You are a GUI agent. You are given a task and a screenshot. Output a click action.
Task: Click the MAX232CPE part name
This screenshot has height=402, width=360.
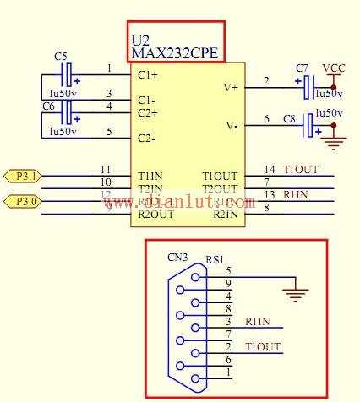175,53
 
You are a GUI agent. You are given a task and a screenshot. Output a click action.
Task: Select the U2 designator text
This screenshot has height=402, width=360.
140,40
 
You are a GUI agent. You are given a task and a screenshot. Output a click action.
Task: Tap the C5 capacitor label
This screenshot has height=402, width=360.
61,56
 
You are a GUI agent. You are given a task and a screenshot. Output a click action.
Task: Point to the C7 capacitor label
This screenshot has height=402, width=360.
302,68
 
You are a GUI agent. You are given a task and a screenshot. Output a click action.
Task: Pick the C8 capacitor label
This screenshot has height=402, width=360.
290,119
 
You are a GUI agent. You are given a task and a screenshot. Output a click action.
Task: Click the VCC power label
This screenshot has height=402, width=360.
334,68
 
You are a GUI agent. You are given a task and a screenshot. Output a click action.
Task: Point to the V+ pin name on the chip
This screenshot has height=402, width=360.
231,87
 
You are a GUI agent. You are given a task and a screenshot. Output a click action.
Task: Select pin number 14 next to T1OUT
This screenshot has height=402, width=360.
270,170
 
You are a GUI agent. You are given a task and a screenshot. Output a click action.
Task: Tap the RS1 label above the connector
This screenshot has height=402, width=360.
215,262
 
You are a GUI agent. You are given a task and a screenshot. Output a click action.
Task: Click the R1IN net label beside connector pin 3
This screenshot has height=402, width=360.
258,321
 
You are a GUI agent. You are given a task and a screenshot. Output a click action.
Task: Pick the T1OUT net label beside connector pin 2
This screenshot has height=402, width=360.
262,347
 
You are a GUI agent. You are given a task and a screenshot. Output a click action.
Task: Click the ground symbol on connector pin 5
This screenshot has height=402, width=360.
295,295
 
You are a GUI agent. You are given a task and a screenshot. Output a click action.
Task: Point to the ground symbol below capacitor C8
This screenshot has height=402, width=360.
335,142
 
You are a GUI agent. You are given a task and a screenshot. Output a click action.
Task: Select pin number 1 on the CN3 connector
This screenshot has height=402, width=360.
228,372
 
